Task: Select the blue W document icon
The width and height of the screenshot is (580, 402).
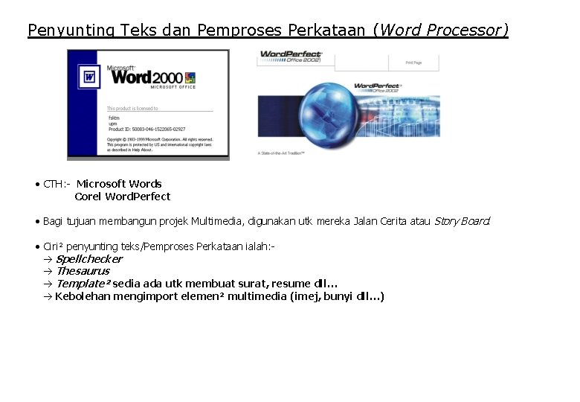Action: [x=89, y=77]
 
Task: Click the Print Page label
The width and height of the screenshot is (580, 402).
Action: [x=413, y=63]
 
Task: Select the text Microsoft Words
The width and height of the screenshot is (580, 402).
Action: [x=119, y=184]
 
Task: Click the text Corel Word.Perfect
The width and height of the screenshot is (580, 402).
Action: [x=123, y=197]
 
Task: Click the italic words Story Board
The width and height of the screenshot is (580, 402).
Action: [x=462, y=221]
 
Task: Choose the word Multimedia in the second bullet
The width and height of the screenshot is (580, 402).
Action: [x=216, y=221]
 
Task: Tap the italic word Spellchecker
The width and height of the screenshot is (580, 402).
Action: [x=89, y=259]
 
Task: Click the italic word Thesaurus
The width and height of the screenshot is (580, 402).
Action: [x=83, y=271]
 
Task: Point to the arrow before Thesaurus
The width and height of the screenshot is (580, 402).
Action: [x=48, y=272]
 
